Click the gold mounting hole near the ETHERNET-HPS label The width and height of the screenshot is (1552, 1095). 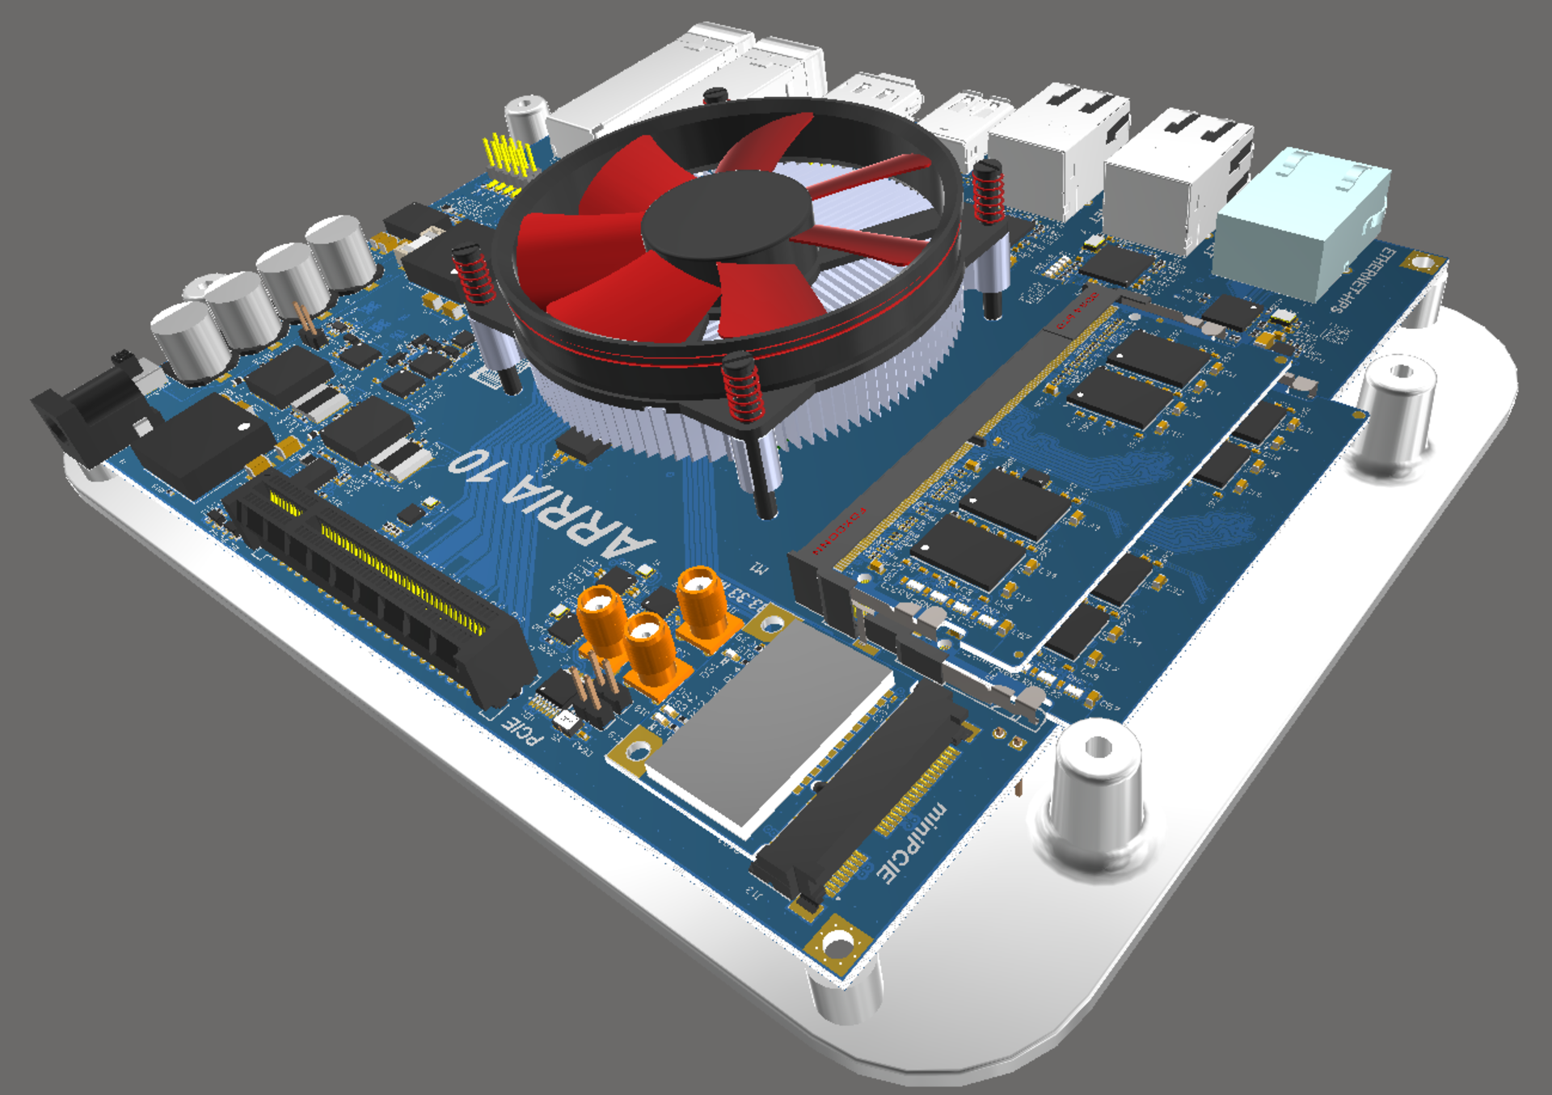(1423, 261)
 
